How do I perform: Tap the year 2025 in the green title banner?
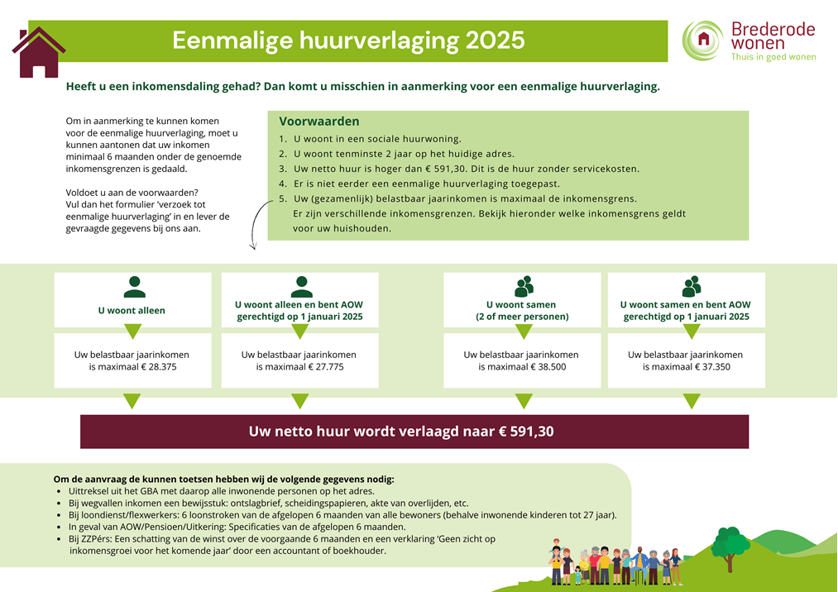click(495, 41)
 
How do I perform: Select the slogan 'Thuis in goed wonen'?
click(773, 57)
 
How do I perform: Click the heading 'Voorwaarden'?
click(319, 122)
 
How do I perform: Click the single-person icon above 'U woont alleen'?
click(134, 287)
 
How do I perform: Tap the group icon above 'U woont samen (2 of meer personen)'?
click(524, 286)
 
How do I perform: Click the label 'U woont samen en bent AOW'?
click(686, 304)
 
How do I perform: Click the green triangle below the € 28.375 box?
click(132, 401)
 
